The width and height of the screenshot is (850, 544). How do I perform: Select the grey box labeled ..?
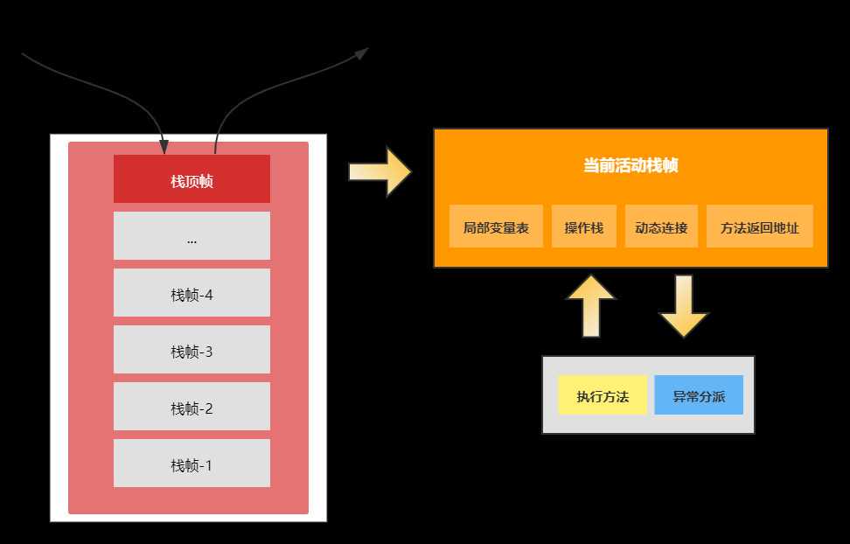(192, 236)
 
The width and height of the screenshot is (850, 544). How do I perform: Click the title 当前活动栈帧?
(630, 166)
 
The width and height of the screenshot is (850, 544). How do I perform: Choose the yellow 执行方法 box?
(603, 395)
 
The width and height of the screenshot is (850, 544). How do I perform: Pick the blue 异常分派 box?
(698, 395)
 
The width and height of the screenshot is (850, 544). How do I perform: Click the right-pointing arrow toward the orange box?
(380, 171)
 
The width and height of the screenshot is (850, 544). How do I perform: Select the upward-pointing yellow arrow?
(591, 305)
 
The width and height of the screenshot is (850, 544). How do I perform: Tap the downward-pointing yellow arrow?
(683, 305)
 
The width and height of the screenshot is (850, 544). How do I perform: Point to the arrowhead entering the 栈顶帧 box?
(163, 147)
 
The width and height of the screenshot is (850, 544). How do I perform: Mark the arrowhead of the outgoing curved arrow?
(361, 53)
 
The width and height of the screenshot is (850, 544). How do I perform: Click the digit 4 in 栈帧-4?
(209, 295)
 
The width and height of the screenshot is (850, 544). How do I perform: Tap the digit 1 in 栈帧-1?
(209, 465)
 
